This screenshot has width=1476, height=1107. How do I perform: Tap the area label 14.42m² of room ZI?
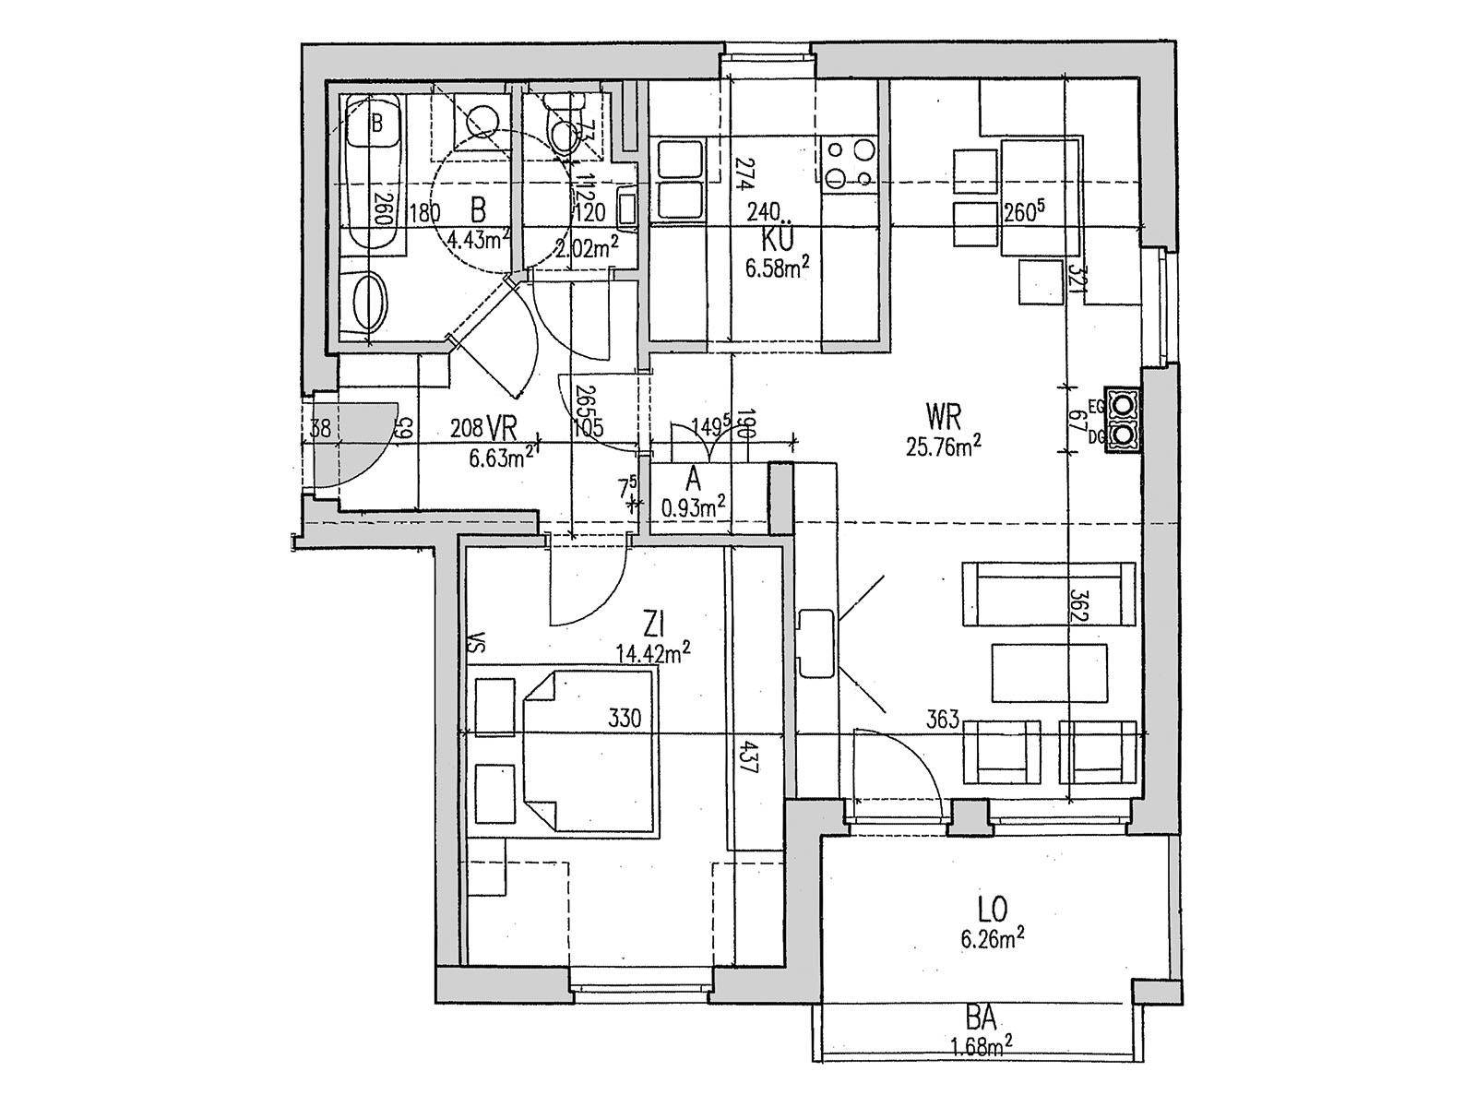(x=654, y=653)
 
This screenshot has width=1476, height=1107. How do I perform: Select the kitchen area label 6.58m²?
(x=777, y=268)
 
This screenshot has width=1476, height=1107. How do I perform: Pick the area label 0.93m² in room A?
(x=694, y=506)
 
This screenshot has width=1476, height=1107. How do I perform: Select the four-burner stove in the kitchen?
(x=850, y=163)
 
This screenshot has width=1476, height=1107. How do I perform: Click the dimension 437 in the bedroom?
(x=750, y=758)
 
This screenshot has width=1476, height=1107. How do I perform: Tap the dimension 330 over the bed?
(x=624, y=718)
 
